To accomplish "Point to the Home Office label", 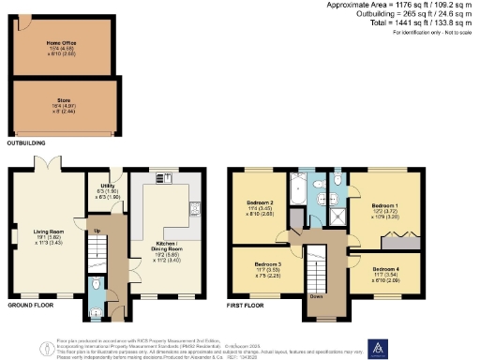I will coord(61,43).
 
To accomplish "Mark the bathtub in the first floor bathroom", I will coord(298,189).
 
